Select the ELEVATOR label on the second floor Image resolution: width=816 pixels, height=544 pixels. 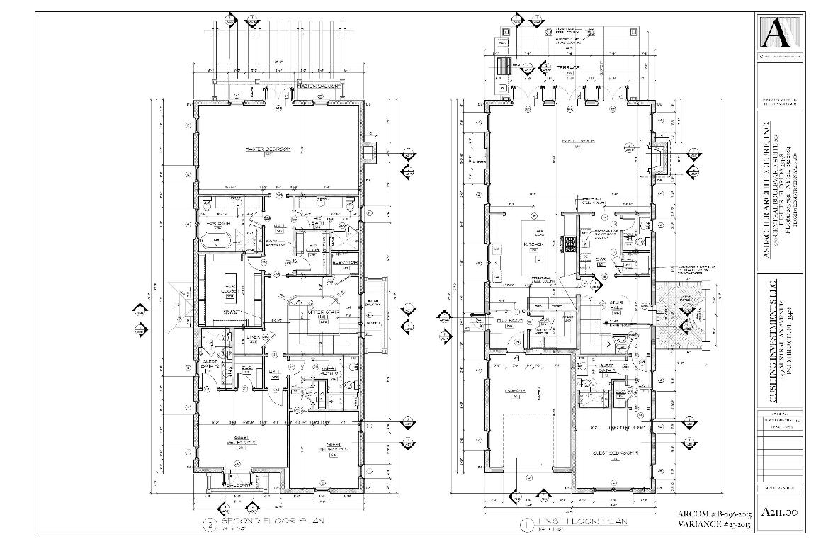(345, 263)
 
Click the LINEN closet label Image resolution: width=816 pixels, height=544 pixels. (251, 336)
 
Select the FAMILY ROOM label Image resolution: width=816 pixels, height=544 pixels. (577, 141)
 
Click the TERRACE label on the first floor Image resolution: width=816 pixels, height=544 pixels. (567, 67)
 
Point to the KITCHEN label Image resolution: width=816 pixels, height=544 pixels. (533, 244)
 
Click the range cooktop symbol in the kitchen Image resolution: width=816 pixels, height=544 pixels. (567, 244)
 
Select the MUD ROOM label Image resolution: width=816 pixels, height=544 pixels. (504, 321)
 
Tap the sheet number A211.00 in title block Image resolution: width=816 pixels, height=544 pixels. (779, 512)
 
